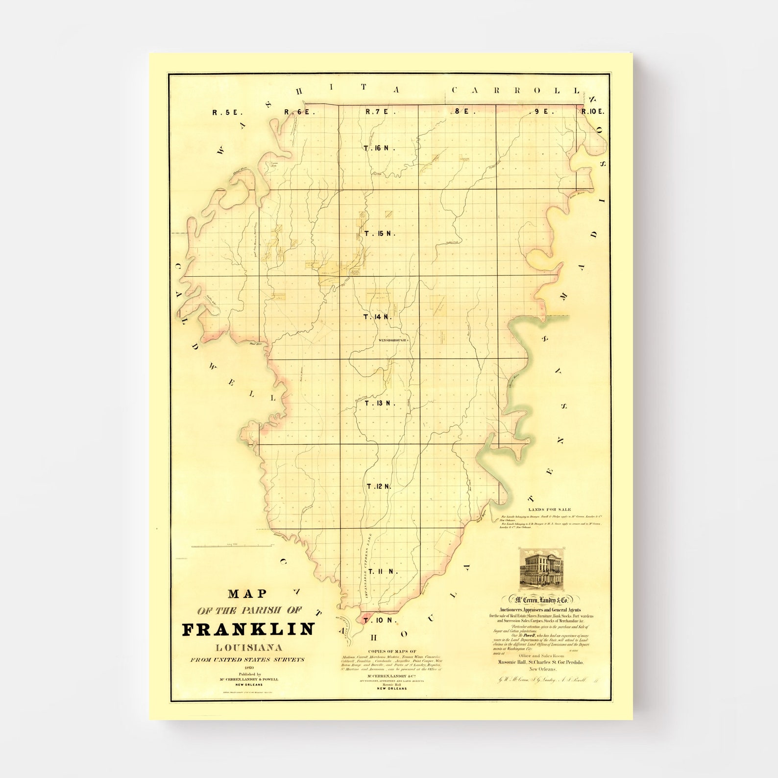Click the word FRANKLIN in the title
click(x=248, y=630)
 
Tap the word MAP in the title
click(x=248, y=594)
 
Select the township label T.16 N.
click(x=379, y=147)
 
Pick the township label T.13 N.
click(x=380, y=403)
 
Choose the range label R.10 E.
click(x=593, y=112)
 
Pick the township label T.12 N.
click(x=380, y=486)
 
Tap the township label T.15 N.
click(x=380, y=233)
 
